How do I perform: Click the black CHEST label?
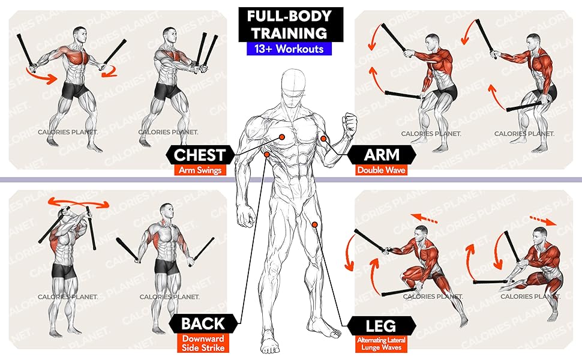199,155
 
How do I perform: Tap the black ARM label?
382,155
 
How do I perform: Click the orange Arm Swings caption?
200,170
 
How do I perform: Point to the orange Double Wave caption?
382,170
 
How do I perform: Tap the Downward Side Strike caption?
202,343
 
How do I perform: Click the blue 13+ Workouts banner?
289,48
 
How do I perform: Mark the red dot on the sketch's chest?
280,137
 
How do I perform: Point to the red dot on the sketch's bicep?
323,139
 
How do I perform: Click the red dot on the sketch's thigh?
314,224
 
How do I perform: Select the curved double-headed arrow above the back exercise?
79,202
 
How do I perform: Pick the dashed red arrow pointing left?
424,219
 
